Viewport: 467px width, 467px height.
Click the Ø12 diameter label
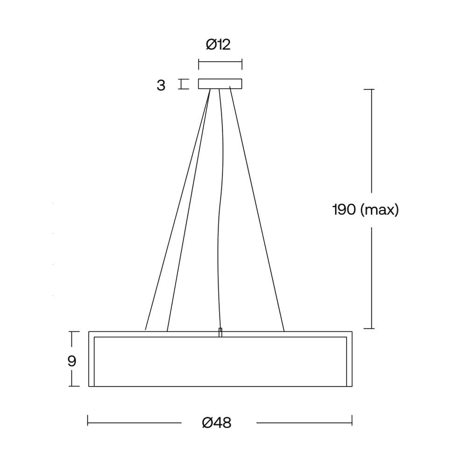pyautogui.click(x=218, y=45)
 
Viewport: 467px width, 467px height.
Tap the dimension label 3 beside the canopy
pyautogui.click(x=161, y=85)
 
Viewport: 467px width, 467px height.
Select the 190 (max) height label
pyautogui.click(x=366, y=210)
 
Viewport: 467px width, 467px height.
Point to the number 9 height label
pyautogui.click(x=72, y=361)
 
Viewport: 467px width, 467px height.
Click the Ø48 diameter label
pyautogui.click(x=217, y=423)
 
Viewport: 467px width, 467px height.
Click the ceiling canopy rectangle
pyautogui.click(x=220, y=84)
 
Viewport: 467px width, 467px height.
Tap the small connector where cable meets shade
pyautogui.click(x=220, y=333)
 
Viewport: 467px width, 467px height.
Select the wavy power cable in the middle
pyautogui.click(x=221, y=208)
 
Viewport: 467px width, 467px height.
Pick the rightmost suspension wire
pyautogui.click(x=257, y=208)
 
